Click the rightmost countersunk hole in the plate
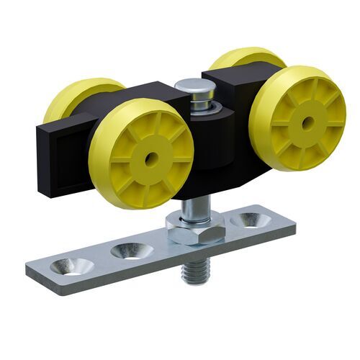[251, 218]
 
